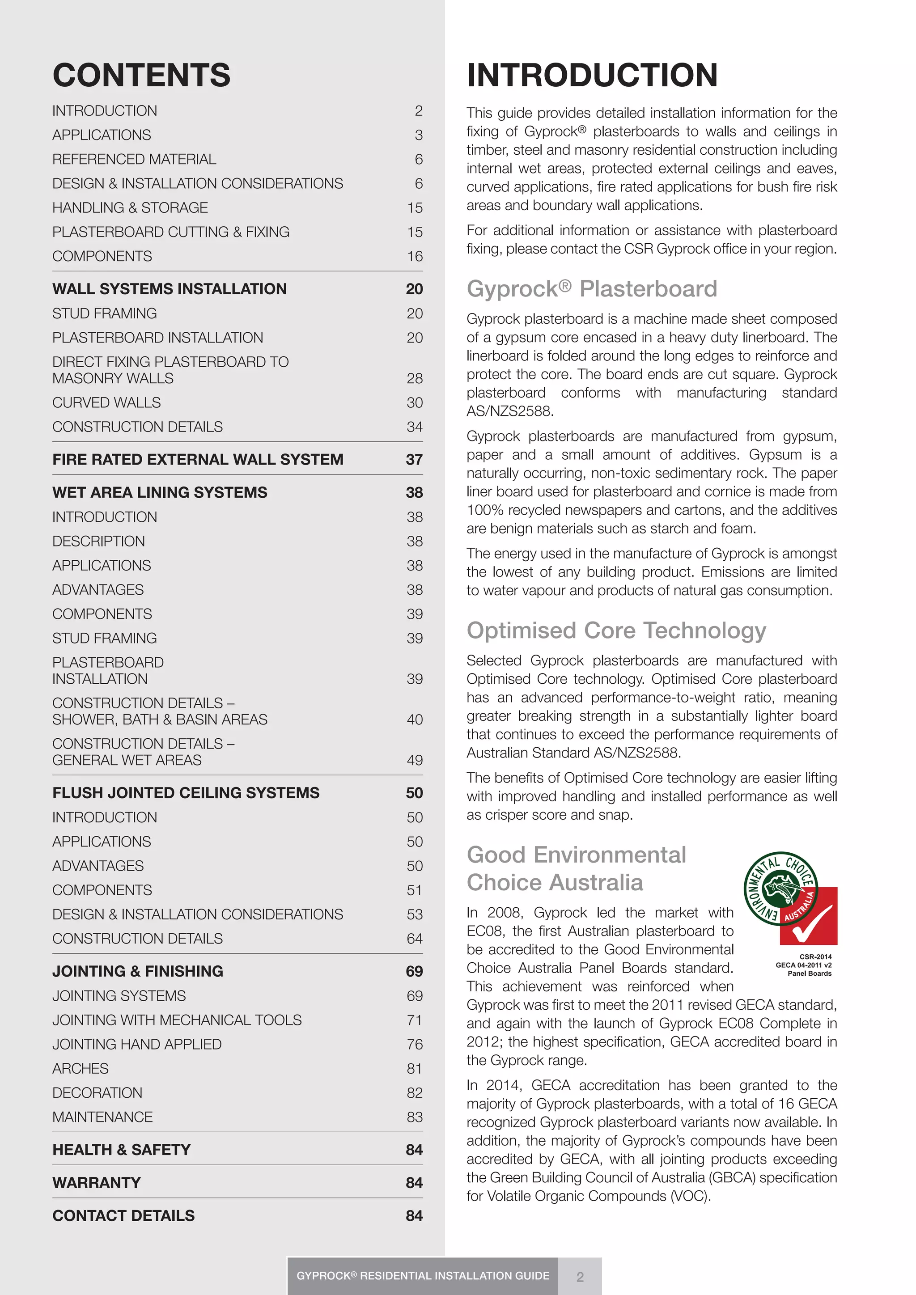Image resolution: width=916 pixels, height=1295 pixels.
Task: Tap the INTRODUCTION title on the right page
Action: tap(592, 75)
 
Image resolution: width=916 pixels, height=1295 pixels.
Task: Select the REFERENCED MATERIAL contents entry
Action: tap(134, 160)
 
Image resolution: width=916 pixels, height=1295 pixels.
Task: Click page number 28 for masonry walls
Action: tap(415, 378)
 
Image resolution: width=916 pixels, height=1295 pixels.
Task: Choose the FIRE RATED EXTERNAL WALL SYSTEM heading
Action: tap(197, 460)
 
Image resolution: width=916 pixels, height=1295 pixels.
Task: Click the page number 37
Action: tap(414, 460)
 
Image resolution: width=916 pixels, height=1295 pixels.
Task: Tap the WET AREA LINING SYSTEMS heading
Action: tap(160, 492)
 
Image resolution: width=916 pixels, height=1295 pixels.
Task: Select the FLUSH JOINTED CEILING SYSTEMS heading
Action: tap(186, 793)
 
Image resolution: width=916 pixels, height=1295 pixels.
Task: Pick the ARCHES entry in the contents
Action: tap(80, 1069)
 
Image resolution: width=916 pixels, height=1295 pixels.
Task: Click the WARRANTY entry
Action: tap(97, 1183)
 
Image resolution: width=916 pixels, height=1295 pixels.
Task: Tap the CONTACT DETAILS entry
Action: tap(123, 1215)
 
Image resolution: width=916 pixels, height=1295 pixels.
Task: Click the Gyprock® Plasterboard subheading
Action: tap(592, 289)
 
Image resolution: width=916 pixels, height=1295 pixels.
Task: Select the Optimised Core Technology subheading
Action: tap(616, 631)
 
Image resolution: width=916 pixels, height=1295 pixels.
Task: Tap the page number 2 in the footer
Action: tap(580, 1276)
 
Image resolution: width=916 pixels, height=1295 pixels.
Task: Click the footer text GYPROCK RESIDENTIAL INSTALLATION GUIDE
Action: tap(423, 1276)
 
